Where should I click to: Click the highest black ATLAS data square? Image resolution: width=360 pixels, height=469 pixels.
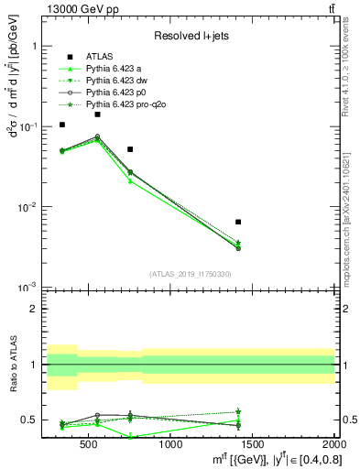point(97,115)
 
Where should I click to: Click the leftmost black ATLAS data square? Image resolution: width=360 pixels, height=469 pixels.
point(62,125)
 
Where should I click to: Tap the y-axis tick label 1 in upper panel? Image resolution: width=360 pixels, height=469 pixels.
point(34,46)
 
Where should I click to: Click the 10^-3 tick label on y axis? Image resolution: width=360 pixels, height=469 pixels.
point(29,288)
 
